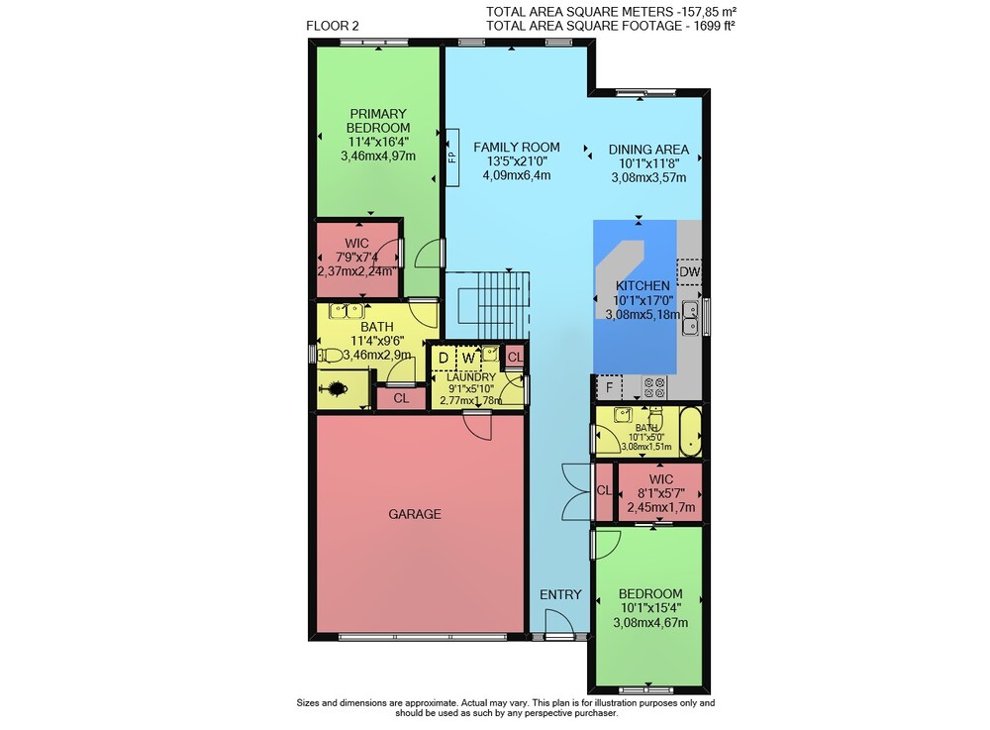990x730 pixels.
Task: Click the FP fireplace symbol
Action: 452,157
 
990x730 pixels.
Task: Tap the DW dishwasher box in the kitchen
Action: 689,272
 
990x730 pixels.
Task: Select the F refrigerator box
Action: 609,387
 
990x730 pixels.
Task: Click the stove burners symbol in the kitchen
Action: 654,387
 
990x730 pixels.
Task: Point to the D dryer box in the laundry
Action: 444,358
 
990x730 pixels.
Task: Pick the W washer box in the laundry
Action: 468,358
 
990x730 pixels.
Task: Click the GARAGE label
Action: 415,514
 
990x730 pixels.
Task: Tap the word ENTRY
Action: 560,595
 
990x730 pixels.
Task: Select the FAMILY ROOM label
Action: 517,148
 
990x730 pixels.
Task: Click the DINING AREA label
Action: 648,150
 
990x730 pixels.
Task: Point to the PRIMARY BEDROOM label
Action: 378,121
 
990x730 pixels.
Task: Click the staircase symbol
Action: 487,306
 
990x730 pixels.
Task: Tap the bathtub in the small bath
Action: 690,431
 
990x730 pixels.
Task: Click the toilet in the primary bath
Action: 329,356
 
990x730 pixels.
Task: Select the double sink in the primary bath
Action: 346,310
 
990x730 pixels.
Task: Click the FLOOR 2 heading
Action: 332,26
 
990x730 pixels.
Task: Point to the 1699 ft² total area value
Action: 712,26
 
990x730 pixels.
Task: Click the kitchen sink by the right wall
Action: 691,319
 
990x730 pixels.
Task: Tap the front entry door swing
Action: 559,621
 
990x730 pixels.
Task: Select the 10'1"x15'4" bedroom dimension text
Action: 650,608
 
